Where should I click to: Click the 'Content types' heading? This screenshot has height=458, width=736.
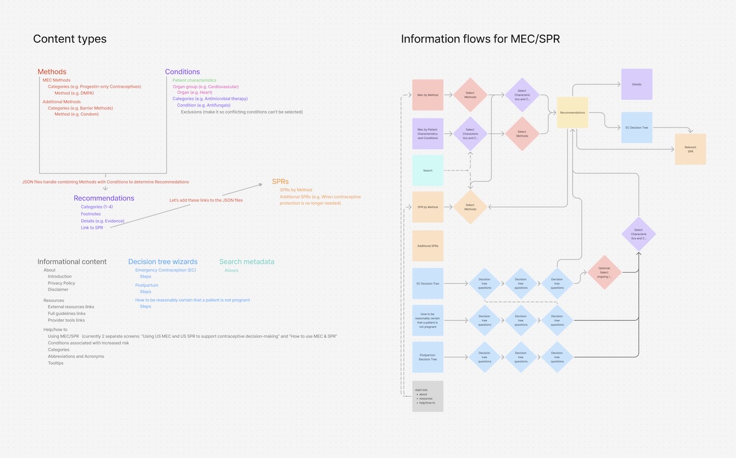[x=69, y=39]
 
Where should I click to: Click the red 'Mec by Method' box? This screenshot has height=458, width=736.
[x=427, y=95]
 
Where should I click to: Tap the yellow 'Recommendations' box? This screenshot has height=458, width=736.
[x=572, y=113]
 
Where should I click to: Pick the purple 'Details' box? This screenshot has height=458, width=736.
[x=637, y=84]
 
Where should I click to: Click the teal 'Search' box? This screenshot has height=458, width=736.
[x=427, y=170]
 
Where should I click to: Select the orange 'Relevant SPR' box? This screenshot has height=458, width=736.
[x=690, y=149]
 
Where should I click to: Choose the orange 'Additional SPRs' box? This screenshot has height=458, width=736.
[x=427, y=246]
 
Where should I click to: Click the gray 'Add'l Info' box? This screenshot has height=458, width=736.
[x=427, y=396]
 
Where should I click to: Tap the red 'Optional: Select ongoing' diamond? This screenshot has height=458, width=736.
[x=604, y=272]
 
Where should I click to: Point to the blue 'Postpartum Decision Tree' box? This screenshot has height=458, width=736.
[x=427, y=357]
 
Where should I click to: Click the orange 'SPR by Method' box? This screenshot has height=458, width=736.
[x=427, y=207]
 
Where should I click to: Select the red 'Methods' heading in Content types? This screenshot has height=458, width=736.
[x=52, y=72]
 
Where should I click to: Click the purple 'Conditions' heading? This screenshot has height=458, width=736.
[x=182, y=72]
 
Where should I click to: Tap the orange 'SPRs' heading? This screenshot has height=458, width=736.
[x=280, y=181]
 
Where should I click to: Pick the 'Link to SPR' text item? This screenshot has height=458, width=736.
[x=92, y=227]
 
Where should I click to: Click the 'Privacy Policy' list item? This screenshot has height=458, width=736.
[x=61, y=283]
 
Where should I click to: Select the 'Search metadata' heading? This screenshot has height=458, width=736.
[x=247, y=262]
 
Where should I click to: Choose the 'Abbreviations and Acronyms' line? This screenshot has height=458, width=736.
[x=76, y=356]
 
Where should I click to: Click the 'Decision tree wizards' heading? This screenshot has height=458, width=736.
[x=163, y=262]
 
